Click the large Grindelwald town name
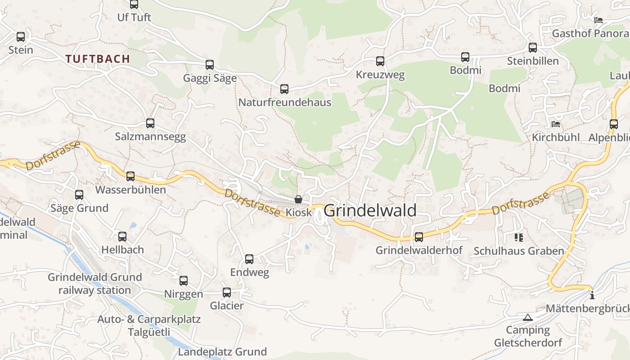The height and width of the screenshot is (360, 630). [370, 211]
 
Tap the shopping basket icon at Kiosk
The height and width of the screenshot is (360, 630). [298, 199]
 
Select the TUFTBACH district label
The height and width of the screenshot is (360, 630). [98, 59]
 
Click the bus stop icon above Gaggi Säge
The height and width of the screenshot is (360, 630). [210, 65]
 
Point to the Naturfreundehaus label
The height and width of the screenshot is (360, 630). [284, 103]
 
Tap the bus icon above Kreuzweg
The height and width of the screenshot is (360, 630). [380, 61]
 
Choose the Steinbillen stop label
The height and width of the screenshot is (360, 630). [533, 61]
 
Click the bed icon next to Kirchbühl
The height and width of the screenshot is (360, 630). [556, 124]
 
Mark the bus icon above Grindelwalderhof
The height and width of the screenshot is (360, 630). [419, 237]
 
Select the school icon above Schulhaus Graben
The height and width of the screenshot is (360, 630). [519, 237]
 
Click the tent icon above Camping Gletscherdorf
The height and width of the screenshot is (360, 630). [528, 318]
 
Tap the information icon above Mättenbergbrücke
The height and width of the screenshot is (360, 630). [592, 296]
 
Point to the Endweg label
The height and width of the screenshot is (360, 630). [249, 272]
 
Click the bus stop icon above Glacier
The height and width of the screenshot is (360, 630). [227, 292]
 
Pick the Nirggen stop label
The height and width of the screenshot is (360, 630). [183, 294]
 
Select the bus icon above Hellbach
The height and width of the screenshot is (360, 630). [122, 237]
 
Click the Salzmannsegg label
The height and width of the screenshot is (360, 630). [150, 137]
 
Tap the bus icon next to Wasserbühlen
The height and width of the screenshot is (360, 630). [130, 176]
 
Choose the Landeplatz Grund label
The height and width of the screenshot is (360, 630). [222, 351]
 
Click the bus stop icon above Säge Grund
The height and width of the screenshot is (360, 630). [79, 195]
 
